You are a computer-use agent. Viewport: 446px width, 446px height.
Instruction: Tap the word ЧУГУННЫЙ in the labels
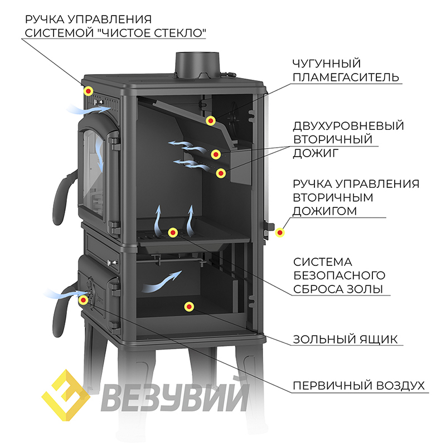[327, 63]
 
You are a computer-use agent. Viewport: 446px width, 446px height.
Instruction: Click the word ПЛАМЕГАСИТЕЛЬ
[346, 77]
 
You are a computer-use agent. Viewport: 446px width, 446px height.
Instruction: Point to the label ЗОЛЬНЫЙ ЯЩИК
[346, 338]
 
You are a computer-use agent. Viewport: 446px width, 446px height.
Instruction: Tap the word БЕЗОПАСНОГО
[340, 275]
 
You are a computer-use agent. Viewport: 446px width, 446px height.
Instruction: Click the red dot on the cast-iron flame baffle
[211, 120]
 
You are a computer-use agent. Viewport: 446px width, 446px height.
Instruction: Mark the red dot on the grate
[173, 231]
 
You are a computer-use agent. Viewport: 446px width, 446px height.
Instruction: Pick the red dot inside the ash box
[189, 306]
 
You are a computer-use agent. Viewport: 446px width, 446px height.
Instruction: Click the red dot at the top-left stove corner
[88, 91]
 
